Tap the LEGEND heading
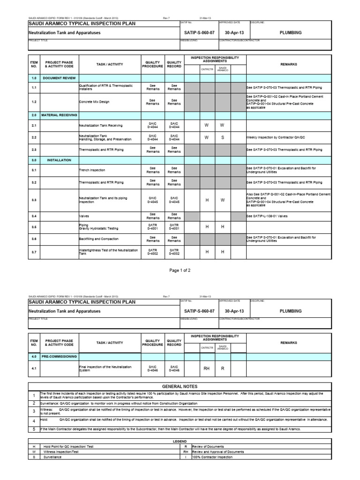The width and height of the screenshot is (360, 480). (180, 441)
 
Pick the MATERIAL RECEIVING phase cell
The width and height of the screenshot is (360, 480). (59, 115)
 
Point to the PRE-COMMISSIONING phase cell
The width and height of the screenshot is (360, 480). (59, 357)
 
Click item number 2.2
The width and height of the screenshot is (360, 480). (34, 138)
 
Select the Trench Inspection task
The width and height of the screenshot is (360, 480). (92, 170)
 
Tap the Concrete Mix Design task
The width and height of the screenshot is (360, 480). (95, 101)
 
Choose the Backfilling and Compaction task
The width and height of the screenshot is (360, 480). (98, 239)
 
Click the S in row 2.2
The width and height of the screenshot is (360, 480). (223, 138)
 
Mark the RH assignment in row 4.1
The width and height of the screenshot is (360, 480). (206, 368)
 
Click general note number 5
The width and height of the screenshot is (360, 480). (34, 429)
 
